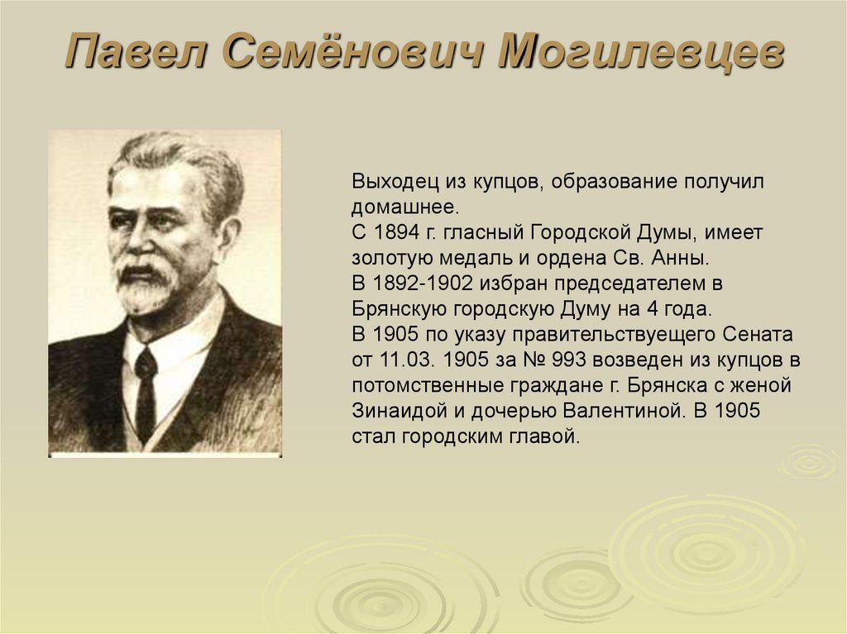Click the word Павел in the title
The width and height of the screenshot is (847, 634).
tap(138, 54)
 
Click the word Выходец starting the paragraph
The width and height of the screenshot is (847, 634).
tap(389, 181)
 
